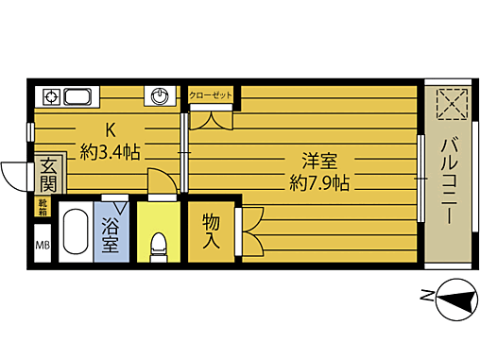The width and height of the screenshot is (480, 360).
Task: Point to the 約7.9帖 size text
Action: (x=319, y=183)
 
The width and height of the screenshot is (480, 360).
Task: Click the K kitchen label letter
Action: (x=110, y=130)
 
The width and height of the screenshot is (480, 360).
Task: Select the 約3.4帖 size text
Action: (x=110, y=151)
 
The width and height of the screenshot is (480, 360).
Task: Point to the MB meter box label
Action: (x=43, y=248)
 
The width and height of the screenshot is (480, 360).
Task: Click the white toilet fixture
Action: (x=159, y=247)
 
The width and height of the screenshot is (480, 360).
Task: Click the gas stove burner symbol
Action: (x=50, y=96)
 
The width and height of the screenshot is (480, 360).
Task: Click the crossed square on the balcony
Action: (x=449, y=105)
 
